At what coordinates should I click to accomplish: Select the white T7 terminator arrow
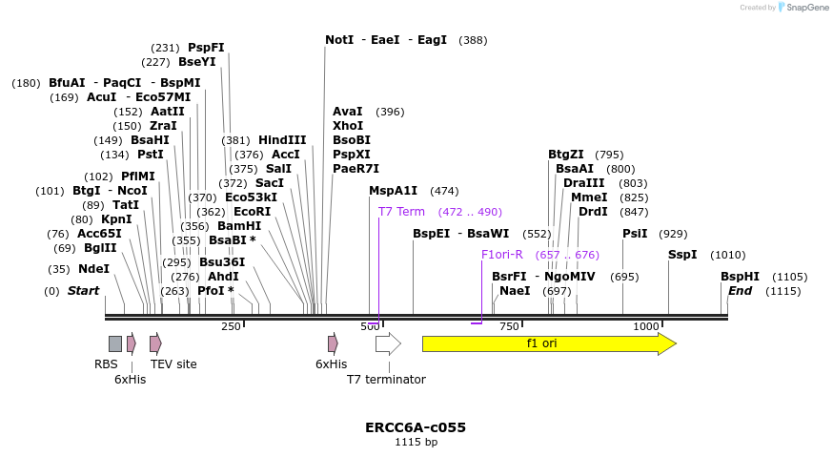[x=387, y=343]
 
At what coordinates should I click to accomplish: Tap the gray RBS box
[x=114, y=343]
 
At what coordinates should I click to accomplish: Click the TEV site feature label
[x=173, y=364]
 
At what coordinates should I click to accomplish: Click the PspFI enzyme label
[x=206, y=48]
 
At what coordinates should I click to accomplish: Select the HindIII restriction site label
[x=282, y=140]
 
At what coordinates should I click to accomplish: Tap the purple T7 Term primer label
[x=401, y=212]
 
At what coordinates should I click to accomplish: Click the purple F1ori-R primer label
[x=502, y=255]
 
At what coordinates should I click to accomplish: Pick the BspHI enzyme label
[x=740, y=277]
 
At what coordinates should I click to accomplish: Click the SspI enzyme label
[x=682, y=255]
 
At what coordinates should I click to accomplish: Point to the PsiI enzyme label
[x=635, y=234]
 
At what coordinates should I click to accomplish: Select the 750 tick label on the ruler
[x=509, y=326]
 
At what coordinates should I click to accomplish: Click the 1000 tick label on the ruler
[x=646, y=326]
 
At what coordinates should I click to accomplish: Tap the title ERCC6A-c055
[x=416, y=427]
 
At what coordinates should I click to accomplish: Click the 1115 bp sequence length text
[x=416, y=443]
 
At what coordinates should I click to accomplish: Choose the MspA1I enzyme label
[x=393, y=191]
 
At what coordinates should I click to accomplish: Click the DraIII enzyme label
[x=583, y=183]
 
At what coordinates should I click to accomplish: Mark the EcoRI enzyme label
[x=252, y=212]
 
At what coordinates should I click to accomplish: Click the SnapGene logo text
[x=806, y=8]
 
